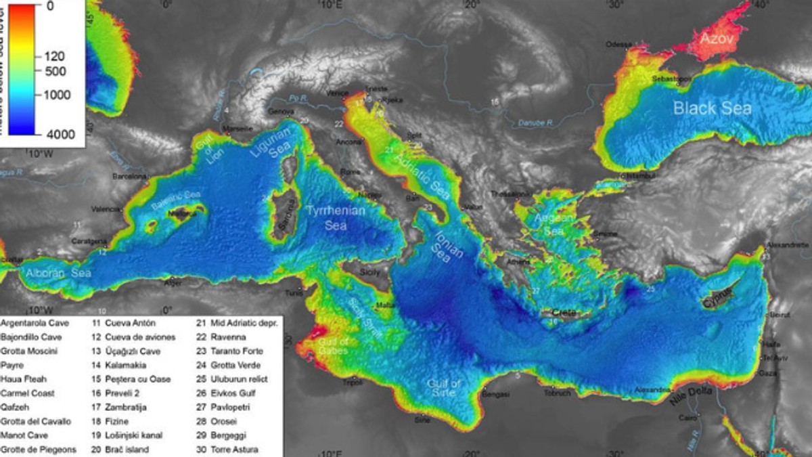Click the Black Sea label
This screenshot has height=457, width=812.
click(x=712, y=108)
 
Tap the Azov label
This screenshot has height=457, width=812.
click(x=716, y=39)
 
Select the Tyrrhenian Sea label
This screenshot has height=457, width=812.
click(x=336, y=217)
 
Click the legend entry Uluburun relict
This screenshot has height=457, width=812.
click(x=238, y=379)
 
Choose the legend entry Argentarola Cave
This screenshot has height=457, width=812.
click(x=35, y=323)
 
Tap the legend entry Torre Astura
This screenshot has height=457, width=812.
click(x=234, y=449)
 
